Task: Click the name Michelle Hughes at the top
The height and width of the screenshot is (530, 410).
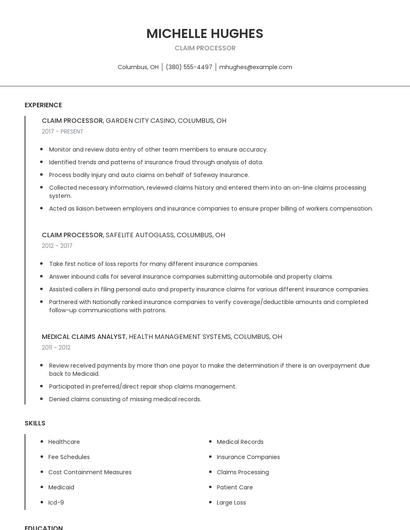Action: pyautogui.click(x=204, y=33)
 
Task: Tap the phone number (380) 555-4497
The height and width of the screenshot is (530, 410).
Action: pyautogui.click(x=189, y=67)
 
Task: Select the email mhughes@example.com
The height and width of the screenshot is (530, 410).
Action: pyautogui.click(x=256, y=67)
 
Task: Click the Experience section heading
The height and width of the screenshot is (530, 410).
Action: pyautogui.click(x=43, y=105)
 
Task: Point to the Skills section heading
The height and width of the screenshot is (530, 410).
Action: pyautogui.click(x=35, y=423)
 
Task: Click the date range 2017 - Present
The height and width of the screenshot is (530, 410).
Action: pyautogui.click(x=63, y=131)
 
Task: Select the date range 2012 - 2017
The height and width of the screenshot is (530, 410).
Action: pyautogui.click(x=57, y=245)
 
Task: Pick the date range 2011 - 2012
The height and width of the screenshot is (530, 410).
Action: pyautogui.click(x=56, y=347)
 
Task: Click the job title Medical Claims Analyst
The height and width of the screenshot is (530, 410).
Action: pyautogui.click(x=84, y=337)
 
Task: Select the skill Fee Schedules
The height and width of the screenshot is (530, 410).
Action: pyautogui.click(x=69, y=457)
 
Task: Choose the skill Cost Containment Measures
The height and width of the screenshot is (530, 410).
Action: pyautogui.click(x=90, y=472)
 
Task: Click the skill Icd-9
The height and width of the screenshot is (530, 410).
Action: pyautogui.click(x=56, y=502)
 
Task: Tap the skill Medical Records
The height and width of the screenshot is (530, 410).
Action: pyautogui.click(x=240, y=442)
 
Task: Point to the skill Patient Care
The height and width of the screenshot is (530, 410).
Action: pyautogui.click(x=235, y=487)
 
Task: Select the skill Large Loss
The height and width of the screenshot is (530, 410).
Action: pyautogui.click(x=231, y=502)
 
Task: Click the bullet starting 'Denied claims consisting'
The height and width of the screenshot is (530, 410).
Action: pyautogui.click(x=125, y=399)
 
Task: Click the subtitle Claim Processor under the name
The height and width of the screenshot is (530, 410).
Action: pyautogui.click(x=204, y=48)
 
